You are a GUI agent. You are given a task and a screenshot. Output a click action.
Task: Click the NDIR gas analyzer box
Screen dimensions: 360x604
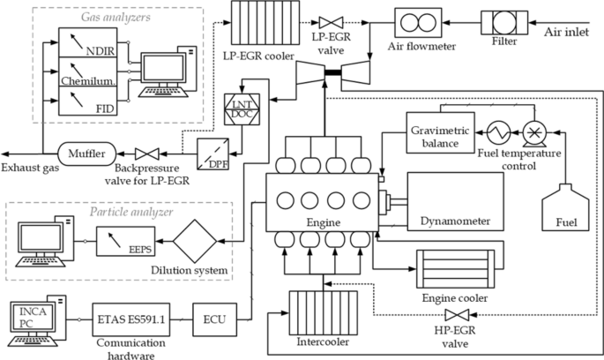(87, 41)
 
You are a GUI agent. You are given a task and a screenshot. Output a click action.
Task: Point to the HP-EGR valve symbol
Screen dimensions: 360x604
(457, 315)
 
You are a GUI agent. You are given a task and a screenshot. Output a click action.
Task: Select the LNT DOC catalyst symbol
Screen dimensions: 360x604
(241, 110)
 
